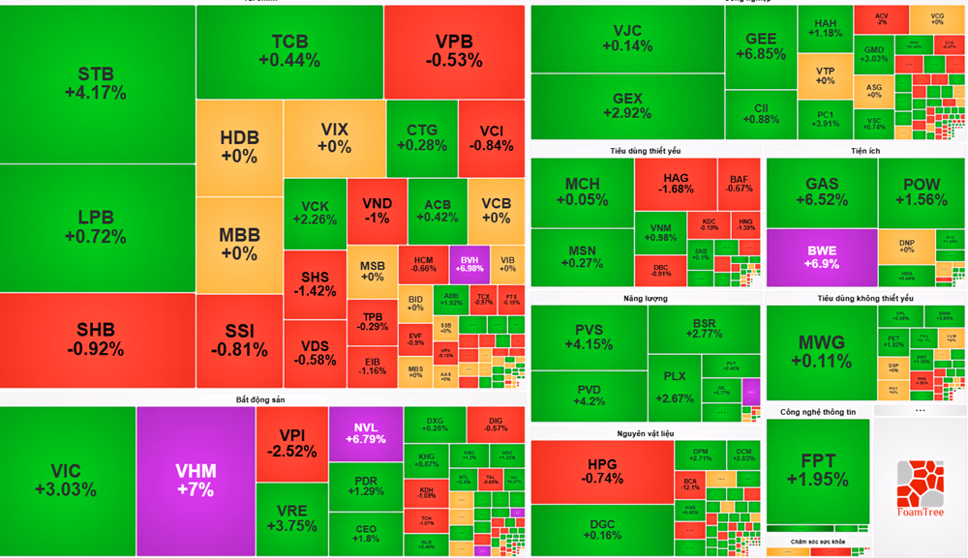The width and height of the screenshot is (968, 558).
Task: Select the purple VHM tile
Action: click(x=196, y=481)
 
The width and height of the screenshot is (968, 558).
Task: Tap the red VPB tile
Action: click(x=454, y=51)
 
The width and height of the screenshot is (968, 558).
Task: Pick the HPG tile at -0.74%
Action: click(x=602, y=471)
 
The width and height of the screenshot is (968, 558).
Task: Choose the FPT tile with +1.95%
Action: click(x=818, y=471)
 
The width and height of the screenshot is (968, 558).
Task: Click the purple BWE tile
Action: click(x=821, y=257)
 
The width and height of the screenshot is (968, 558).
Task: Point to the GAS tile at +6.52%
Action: click(x=821, y=191)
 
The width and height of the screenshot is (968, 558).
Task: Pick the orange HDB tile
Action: click(x=239, y=146)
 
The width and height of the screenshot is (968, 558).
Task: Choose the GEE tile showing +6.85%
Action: click(x=760, y=46)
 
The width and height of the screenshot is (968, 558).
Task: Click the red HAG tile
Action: click(x=676, y=183)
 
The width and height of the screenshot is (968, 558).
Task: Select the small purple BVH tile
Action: click(x=470, y=262)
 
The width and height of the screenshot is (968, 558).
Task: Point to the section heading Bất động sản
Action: click(x=260, y=399)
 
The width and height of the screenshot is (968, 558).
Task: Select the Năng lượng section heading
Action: click(x=647, y=298)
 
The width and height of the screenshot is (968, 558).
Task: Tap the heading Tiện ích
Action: click(x=864, y=151)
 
